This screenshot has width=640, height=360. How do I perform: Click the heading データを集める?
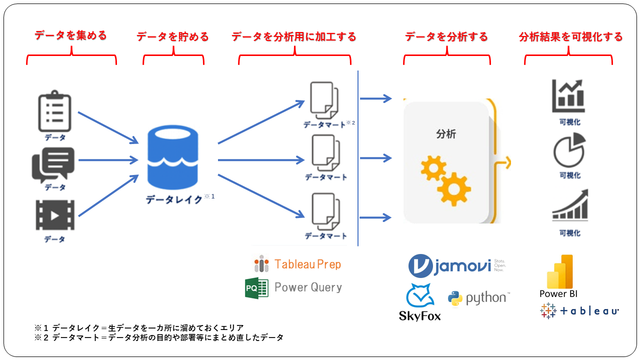(x=70, y=35)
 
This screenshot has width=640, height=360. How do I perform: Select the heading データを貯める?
(x=172, y=36)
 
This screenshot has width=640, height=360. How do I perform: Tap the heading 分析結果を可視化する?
(x=570, y=36)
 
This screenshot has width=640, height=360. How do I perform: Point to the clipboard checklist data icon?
(x=54, y=112)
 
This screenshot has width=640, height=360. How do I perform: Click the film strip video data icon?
(x=54, y=215)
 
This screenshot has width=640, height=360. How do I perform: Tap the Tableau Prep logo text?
(x=307, y=264)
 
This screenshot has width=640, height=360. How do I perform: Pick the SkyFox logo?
(x=420, y=302)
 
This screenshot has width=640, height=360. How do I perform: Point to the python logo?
(x=478, y=298)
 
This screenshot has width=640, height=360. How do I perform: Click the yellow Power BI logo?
(x=559, y=272)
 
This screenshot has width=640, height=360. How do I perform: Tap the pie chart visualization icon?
(x=569, y=149)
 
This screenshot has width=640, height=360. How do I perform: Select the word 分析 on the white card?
(x=446, y=134)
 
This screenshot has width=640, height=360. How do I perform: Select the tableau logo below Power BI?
(x=579, y=310)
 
